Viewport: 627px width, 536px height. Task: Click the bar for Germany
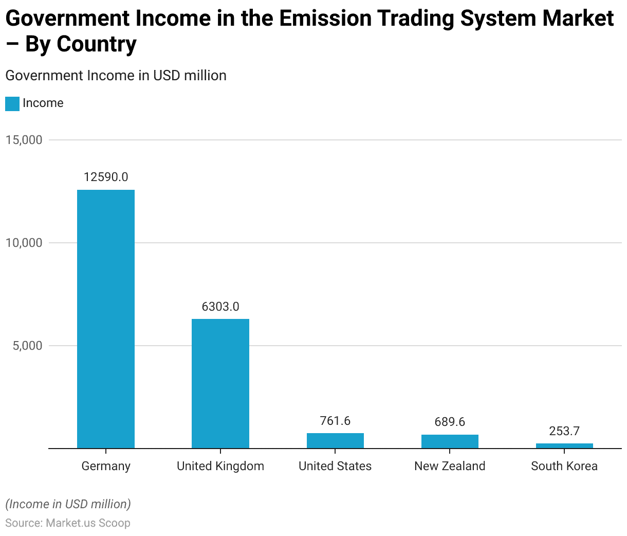coord(106,319)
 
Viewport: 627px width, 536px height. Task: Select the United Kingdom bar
coord(220,383)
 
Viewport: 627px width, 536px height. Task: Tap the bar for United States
coord(335,441)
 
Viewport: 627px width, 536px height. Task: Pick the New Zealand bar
coord(450,441)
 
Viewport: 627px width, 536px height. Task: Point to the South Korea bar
coord(564,445)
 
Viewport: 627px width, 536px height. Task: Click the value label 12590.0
coord(106,177)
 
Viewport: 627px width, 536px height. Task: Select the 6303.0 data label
coord(220,307)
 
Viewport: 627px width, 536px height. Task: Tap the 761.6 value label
coord(335,421)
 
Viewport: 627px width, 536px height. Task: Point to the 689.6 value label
coord(450,422)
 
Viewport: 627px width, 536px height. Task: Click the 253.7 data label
coord(564,431)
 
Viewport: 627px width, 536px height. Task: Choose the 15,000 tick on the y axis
coord(24,140)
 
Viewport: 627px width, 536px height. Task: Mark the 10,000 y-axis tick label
coord(24,243)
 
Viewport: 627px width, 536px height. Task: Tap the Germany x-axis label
coord(106,466)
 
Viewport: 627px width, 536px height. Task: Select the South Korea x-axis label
coord(564,466)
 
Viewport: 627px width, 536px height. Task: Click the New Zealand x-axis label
coord(450,466)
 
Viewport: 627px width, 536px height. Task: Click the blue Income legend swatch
coord(12,103)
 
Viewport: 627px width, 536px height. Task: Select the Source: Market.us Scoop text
coord(68,523)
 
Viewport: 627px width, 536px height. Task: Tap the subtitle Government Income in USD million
coord(116,76)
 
